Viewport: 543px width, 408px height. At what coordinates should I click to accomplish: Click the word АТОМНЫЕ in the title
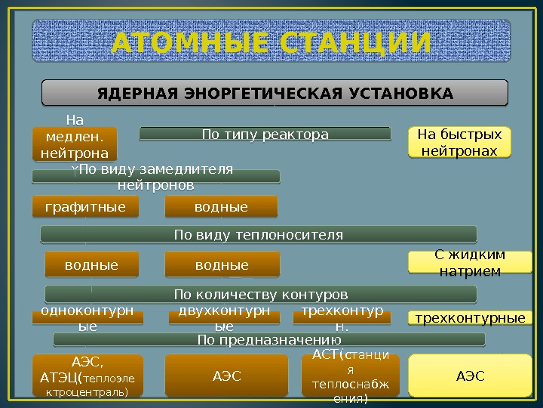pos(191,43)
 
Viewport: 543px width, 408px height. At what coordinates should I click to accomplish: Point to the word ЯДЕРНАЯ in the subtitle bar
pos(133,94)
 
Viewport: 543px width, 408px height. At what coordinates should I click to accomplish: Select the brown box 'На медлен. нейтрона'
pos(75,144)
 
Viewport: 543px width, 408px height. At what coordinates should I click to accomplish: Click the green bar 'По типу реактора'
pos(265,134)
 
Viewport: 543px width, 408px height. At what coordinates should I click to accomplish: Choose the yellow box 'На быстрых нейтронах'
pos(459,143)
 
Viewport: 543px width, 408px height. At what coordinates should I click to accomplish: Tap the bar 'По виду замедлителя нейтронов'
pos(156,177)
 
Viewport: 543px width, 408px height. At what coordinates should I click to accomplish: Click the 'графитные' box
pos(85,206)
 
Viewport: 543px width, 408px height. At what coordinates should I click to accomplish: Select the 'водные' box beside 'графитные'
pos(221,206)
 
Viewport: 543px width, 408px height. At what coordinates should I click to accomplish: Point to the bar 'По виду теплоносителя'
pos(259,234)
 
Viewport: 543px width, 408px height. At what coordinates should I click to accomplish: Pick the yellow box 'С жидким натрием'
pos(469,262)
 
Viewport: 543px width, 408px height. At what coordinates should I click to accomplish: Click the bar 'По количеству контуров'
pos(261,293)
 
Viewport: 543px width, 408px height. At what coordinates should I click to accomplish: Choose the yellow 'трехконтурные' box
pos(470,318)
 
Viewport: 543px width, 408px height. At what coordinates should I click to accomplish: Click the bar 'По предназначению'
pos(264,340)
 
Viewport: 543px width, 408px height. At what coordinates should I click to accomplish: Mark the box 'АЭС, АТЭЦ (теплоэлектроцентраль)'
pos(87,376)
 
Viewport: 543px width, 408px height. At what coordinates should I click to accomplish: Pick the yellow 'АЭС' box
pos(469,376)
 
